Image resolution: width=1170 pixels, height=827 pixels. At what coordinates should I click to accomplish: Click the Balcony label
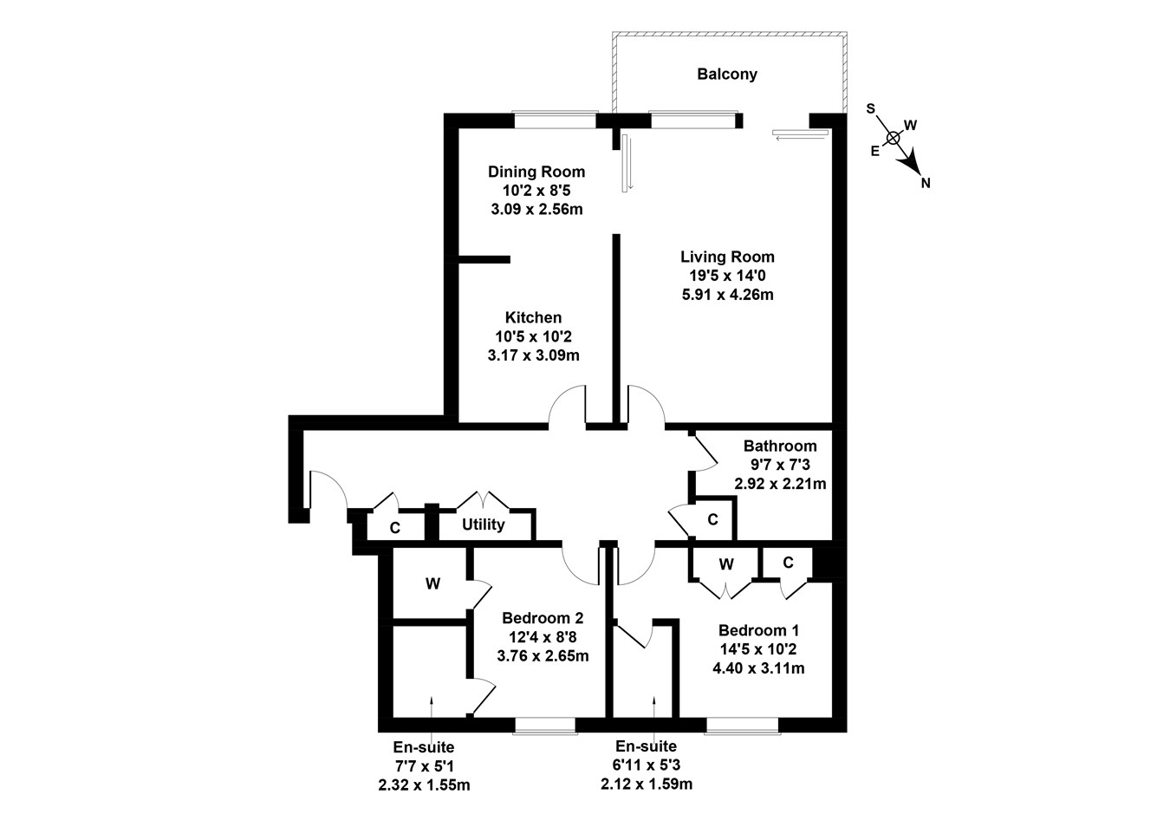(x=727, y=75)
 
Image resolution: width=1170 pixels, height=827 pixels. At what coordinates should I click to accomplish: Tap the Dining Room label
(x=536, y=172)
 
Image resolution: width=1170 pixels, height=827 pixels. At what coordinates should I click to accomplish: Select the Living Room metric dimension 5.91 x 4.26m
(x=727, y=295)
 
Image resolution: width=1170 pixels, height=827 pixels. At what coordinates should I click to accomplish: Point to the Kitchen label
(x=533, y=318)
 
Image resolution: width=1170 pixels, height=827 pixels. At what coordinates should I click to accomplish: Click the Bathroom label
(x=780, y=446)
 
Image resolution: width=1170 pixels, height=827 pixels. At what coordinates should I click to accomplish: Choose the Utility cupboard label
(x=483, y=524)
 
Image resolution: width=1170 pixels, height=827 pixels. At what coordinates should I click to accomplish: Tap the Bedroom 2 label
(x=543, y=618)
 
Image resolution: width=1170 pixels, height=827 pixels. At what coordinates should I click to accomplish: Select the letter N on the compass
(x=926, y=183)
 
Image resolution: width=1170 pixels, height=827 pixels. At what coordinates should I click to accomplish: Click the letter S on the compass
(x=871, y=109)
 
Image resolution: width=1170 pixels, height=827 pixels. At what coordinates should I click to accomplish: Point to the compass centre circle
(x=894, y=137)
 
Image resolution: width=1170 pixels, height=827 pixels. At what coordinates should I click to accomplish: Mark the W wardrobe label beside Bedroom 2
(x=432, y=584)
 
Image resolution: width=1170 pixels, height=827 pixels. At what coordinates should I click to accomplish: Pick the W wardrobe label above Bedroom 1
(x=726, y=564)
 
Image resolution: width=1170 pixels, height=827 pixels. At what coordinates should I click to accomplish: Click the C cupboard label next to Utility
(x=394, y=527)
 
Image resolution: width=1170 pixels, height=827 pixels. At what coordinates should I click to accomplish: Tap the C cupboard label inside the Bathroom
(x=712, y=519)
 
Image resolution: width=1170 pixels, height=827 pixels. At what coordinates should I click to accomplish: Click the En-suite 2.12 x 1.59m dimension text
(x=647, y=785)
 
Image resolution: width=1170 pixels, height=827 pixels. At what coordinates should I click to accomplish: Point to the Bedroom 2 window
(x=544, y=726)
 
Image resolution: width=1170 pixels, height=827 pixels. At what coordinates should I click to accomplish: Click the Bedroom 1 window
(x=741, y=726)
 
